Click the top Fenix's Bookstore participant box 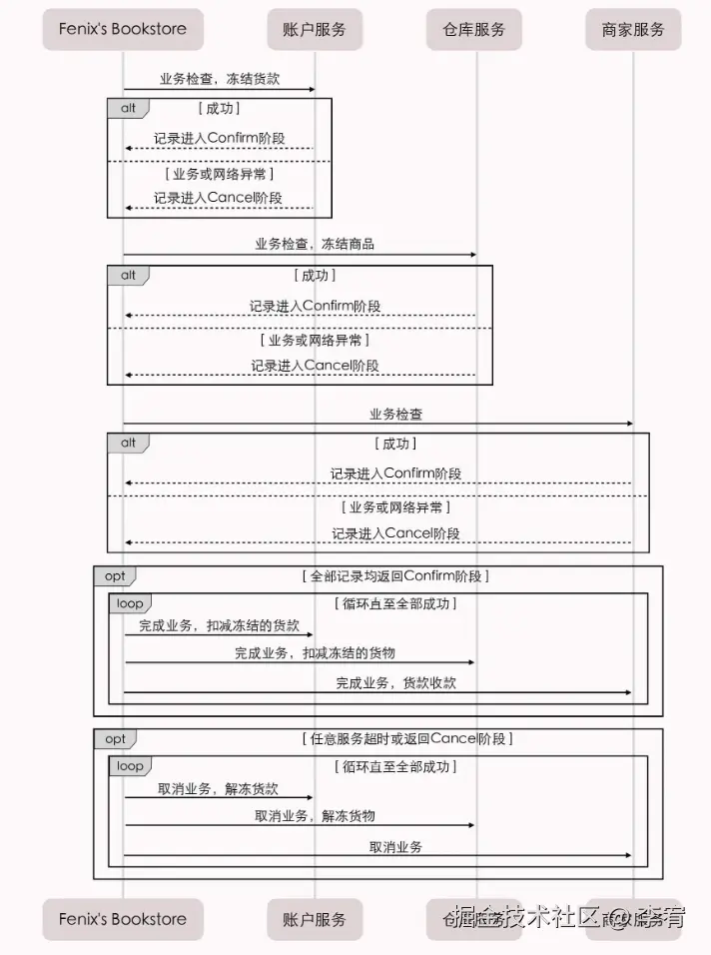coord(122,29)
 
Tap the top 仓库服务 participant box coord(474,29)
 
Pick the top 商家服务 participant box coord(633,29)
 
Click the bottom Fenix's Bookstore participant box coord(122,919)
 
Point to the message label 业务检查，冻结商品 coord(315,244)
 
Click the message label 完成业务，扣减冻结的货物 coord(315,652)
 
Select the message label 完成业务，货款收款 coord(395,682)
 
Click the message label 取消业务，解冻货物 coord(315,815)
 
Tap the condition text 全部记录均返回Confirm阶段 coord(395,576)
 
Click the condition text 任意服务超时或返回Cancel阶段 coord(406,739)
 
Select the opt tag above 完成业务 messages coord(115,576)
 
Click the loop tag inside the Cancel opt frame coord(130,766)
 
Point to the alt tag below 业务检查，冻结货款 coord(128,108)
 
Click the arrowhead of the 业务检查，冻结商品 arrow coord(472,255)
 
